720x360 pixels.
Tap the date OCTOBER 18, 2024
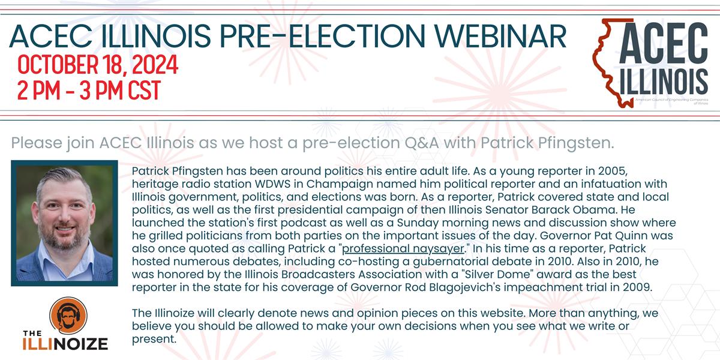98,65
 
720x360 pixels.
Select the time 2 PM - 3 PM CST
89,90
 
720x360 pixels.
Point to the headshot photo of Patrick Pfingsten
64,223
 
